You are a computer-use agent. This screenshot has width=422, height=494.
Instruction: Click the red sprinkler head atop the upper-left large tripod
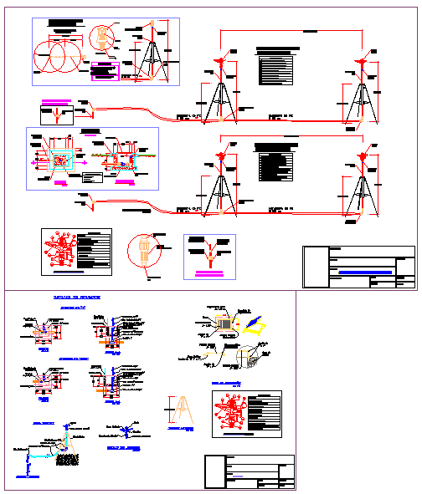[219, 61]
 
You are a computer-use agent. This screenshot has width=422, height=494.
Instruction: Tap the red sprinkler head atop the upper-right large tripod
[362, 61]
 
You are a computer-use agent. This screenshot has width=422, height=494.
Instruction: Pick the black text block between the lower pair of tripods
[276, 166]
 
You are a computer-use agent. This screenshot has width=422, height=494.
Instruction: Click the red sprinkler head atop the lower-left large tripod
[221, 155]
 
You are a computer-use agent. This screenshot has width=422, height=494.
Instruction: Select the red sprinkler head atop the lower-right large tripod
[363, 155]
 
